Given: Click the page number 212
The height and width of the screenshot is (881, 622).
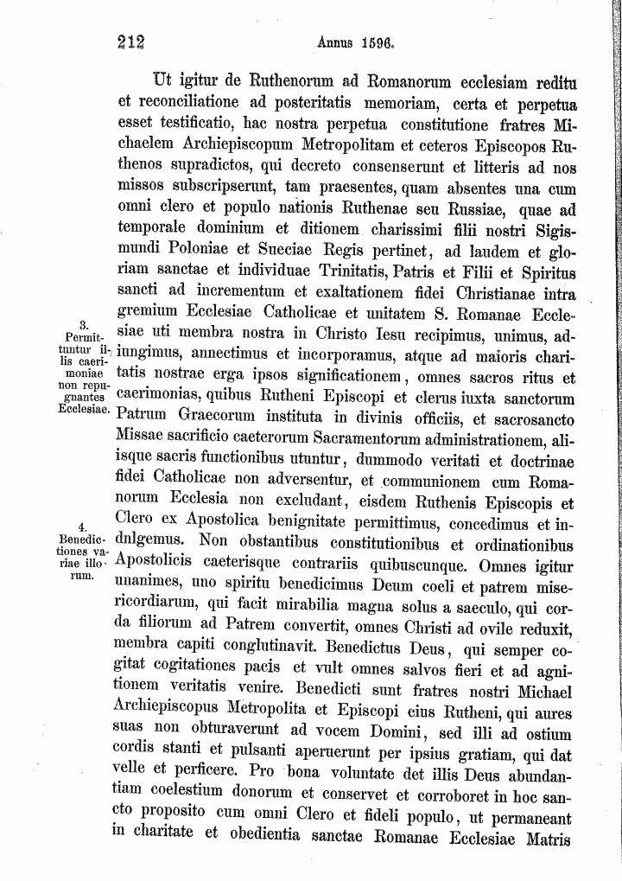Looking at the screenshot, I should (130, 42).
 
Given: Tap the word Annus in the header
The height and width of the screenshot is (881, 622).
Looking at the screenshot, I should (338, 41).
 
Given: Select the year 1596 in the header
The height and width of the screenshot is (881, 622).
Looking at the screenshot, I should (377, 41).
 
